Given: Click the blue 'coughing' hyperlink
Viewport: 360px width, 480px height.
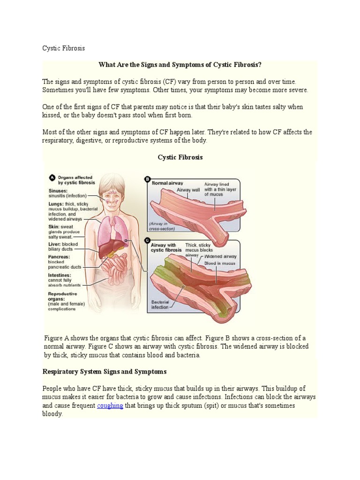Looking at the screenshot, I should (x=110, y=406).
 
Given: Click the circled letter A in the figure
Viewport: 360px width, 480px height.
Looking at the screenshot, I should (x=52, y=178).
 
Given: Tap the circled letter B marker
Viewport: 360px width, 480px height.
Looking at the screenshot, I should (x=147, y=179).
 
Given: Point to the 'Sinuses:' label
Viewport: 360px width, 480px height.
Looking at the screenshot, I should (x=58, y=191).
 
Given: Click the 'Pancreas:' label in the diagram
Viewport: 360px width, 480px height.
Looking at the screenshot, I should (x=59, y=257).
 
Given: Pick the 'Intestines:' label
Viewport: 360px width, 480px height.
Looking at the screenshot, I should (x=60, y=275).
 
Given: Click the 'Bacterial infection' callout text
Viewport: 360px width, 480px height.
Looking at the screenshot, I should (x=160, y=305).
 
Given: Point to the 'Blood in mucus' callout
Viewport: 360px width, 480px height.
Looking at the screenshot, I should (x=220, y=263).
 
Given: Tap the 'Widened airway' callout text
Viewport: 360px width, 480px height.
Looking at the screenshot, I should (x=221, y=257).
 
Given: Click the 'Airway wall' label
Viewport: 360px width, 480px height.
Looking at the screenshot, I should (x=188, y=190).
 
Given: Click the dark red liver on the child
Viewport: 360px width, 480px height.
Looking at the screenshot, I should (x=106, y=247).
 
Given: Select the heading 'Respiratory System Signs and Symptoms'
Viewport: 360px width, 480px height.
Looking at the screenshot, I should (x=105, y=371).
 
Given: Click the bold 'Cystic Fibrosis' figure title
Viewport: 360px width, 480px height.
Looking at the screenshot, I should (x=180, y=157).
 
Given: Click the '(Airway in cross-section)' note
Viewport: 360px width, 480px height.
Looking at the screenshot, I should (x=162, y=226).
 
